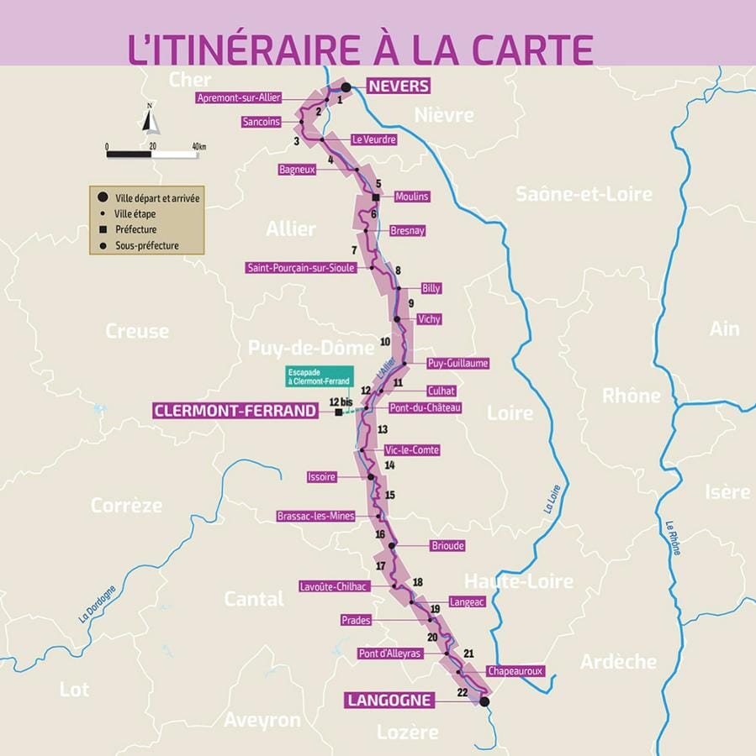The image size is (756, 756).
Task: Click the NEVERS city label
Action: pyautogui.click(x=398, y=86)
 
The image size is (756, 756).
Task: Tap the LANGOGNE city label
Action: pyautogui.click(x=389, y=700)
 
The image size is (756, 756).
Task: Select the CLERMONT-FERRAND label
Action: pyautogui.click(x=235, y=411)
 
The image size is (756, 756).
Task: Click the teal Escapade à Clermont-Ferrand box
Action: pyautogui.click(x=320, y=376)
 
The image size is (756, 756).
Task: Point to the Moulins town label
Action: pyautogui.click(x=411, y=197)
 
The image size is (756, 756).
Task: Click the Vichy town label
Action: pyautogui.click(x=429, y=319)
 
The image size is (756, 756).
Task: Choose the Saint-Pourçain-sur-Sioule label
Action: pyautogui.click(x=301, y=268)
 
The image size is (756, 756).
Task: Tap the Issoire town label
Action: pyautogui.click(x=322, y=477)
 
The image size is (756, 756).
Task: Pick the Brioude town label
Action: pyautogui.click(x=447, y=545)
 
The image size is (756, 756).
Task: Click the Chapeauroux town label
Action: pyautogui.click(x=515, y=671)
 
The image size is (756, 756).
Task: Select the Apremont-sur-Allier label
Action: pyautogui.click(x=239, y=98)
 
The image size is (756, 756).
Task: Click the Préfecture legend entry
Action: pyautogui.click(x=135, y=229)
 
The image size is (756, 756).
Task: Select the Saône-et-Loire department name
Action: pyautogui.click(x=584, y=194)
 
